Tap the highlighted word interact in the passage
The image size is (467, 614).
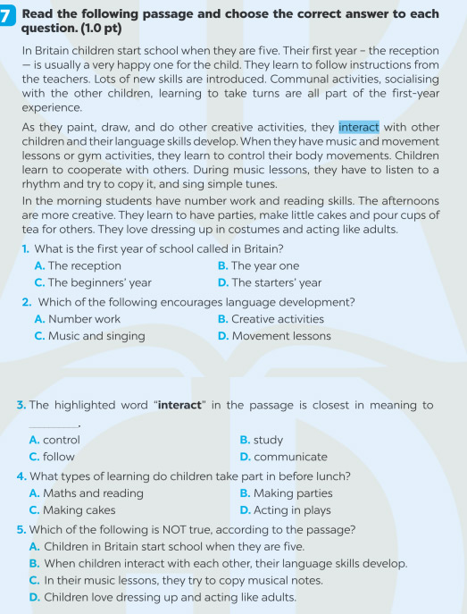pyautogui.click(x=358, y=127)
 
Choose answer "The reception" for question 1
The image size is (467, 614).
pyautogui.click(x=84, y=265)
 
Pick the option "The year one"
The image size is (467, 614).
pyautogui.click(x=264, y=265)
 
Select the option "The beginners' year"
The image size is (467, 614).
pyautogui.click(x=99, y=282)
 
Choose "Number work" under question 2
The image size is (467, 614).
pyautogui.click(x=84, y=319)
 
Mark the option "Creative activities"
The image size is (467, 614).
pyautogui.click(x=277, y=319)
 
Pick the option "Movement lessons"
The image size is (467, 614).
pyautogui.click(x=280, y=336)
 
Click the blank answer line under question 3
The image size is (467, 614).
pyautogui.click(x=54, y=425)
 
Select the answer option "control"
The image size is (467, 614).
pyautogui.click(x=61, y=440)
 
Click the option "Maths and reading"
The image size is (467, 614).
pyautogui.click(x=93, y=492)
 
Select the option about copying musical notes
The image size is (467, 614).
pyautogui.click(x=201, y=580)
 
